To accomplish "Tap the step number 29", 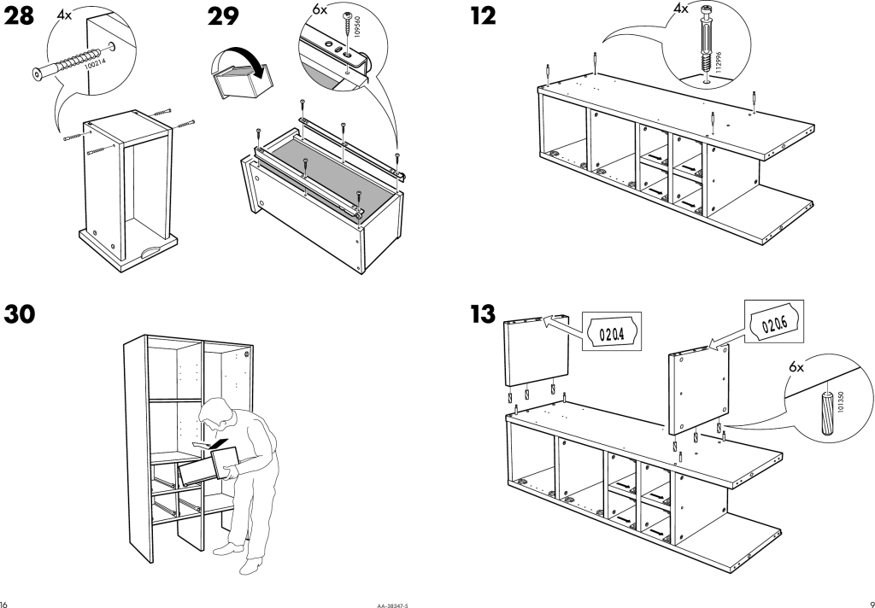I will click(x=224, y=18).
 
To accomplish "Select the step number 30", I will click(x=21, y=314).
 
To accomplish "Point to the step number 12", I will click(x=483, y=18).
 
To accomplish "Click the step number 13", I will click(x=484, y=314).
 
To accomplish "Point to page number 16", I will click(x=5, y=601).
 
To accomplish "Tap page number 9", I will click(x=869, y=601).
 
